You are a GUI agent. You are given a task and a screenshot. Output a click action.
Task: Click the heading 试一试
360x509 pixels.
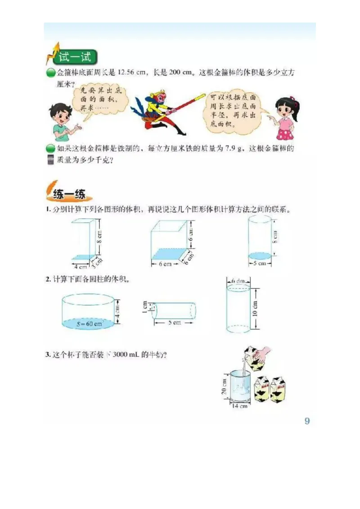[74, 57]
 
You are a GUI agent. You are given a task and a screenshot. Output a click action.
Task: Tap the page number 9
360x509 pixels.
[307, 421]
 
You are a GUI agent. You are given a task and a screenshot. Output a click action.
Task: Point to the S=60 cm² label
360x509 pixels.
[88, 324]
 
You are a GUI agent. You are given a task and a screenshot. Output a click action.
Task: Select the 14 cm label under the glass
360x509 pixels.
[239, 406]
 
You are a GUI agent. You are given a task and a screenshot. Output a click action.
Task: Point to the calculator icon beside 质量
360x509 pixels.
[50, 160]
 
